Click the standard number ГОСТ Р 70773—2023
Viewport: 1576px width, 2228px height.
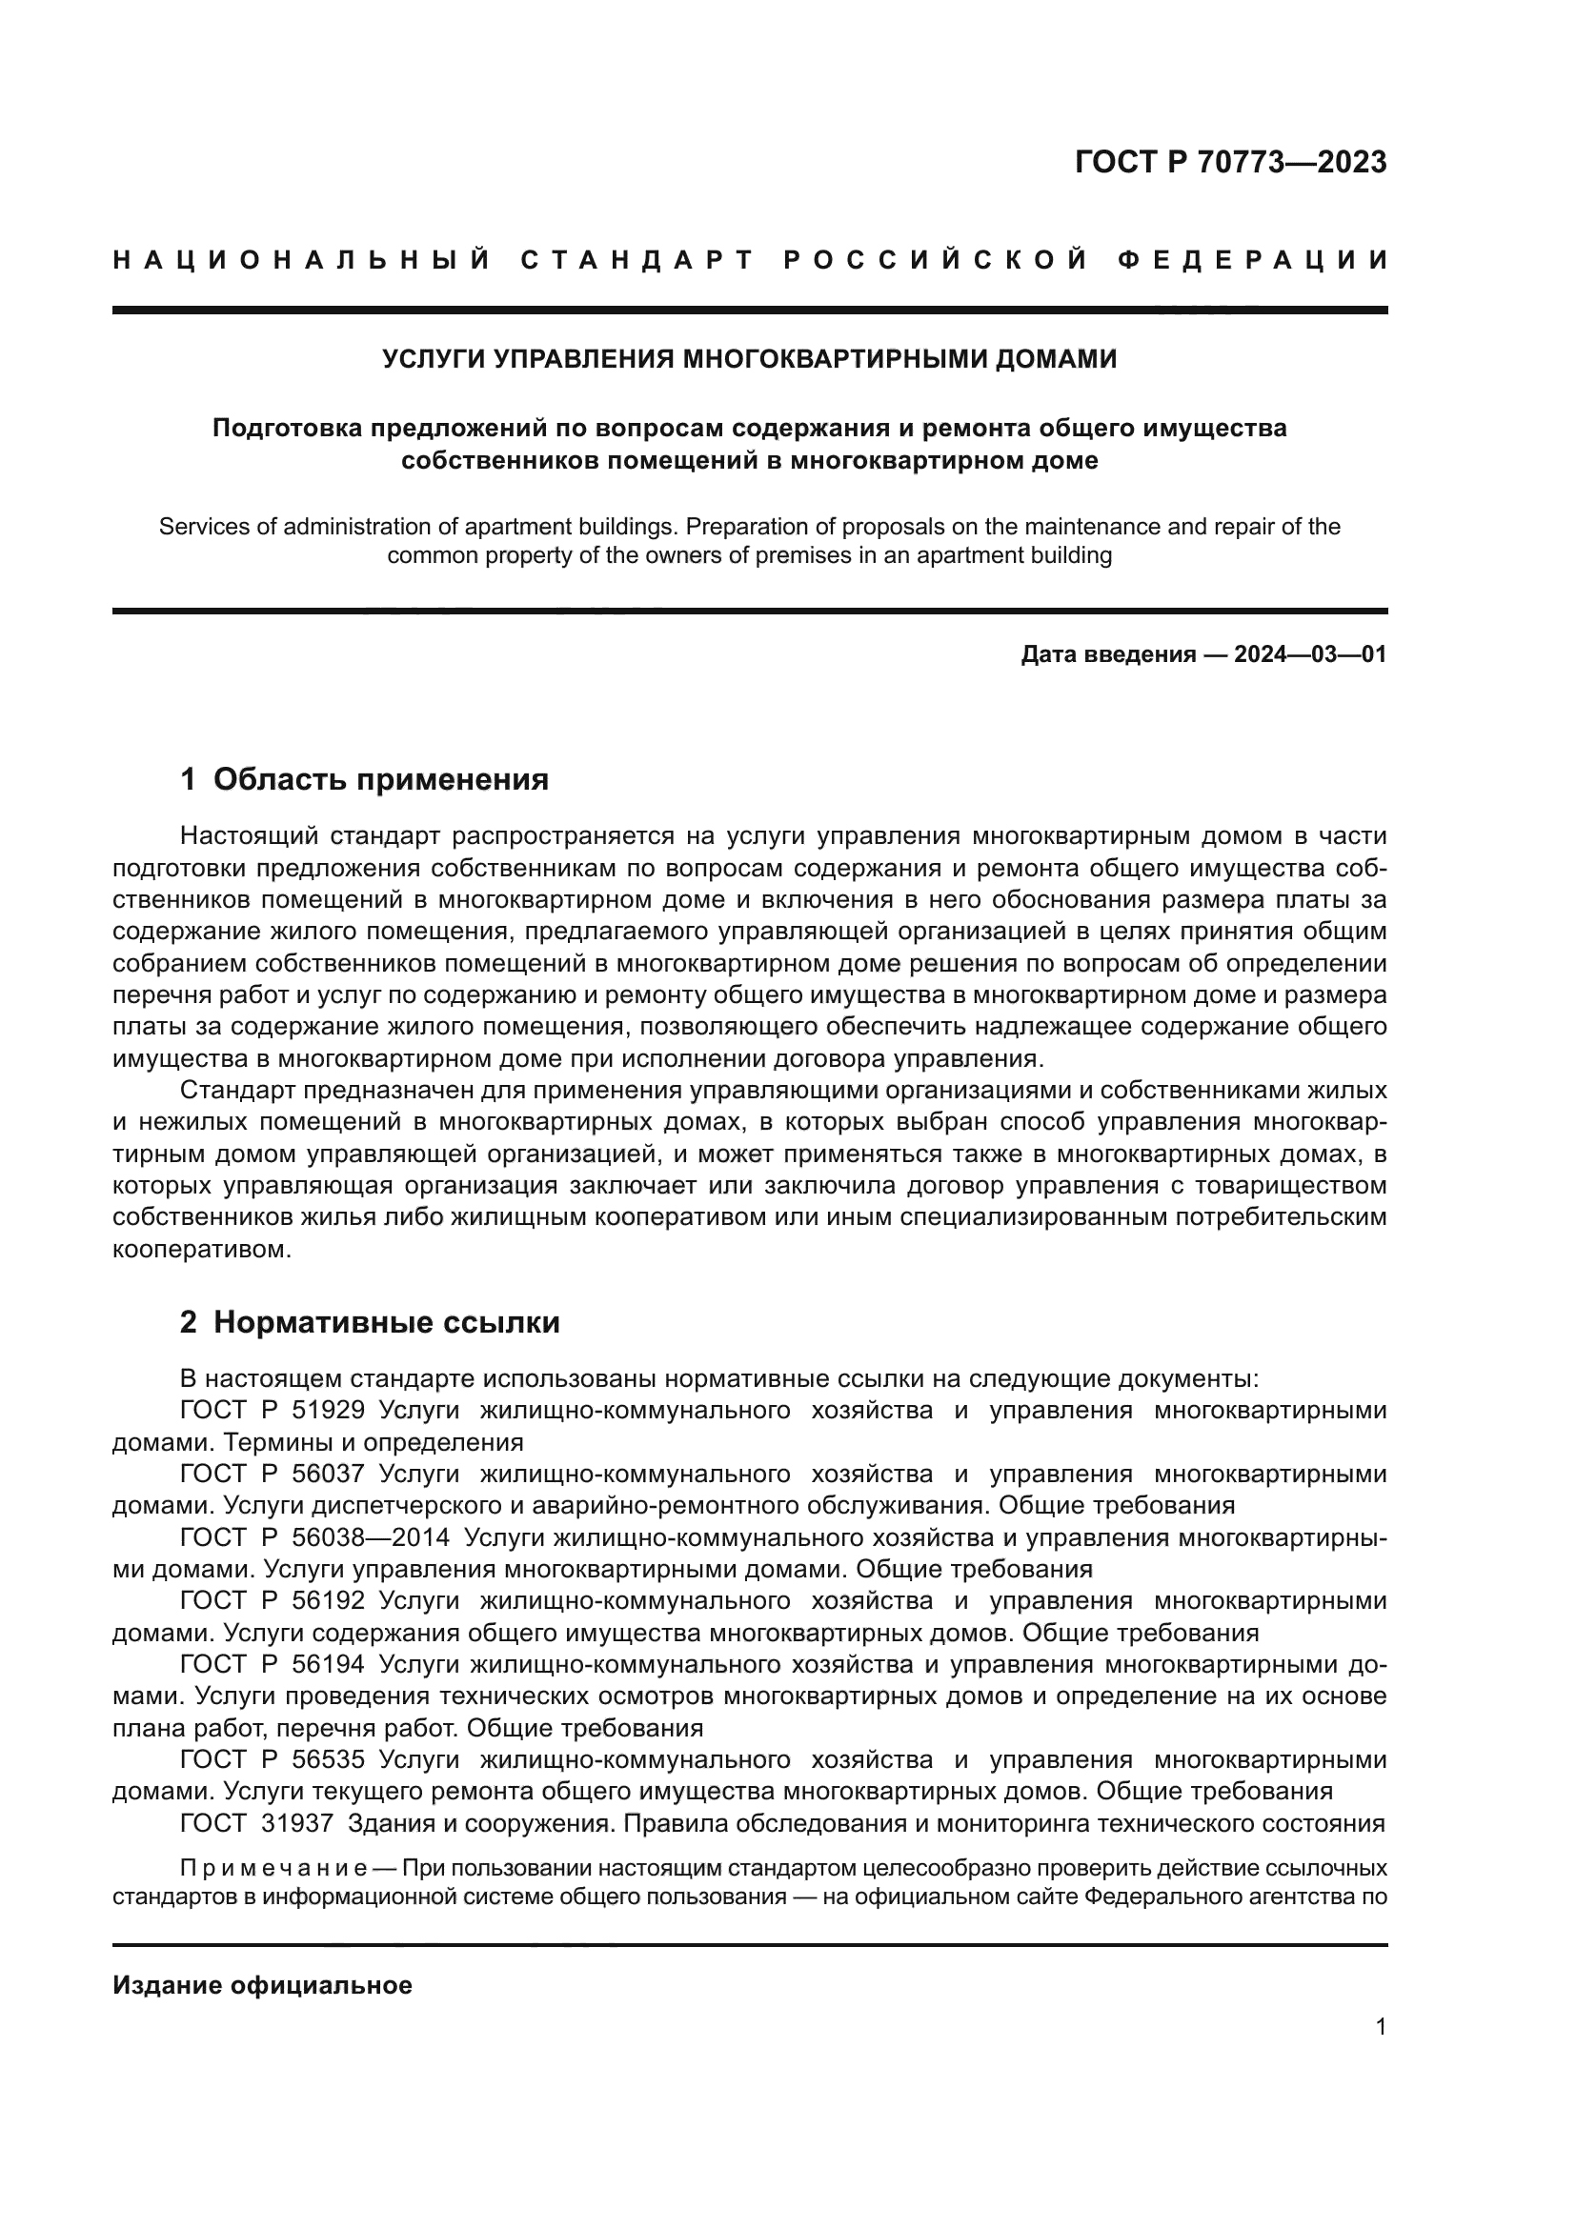click(1229, 162)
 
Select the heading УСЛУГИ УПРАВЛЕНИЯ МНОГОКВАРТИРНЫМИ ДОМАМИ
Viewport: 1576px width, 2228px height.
click(749, 359)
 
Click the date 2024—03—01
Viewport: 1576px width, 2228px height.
click(1309, 654)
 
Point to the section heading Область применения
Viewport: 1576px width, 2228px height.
click(380, 779)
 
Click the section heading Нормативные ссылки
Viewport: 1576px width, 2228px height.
click(386, 1323)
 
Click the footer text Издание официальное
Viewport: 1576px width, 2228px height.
click(262, 1985)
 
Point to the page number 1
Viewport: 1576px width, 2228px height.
click(1380, 2027)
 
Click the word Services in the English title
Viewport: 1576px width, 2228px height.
click(200, 527)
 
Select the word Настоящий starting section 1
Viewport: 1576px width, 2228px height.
click(248, 836)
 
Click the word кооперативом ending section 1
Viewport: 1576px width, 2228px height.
click(201, 1250)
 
